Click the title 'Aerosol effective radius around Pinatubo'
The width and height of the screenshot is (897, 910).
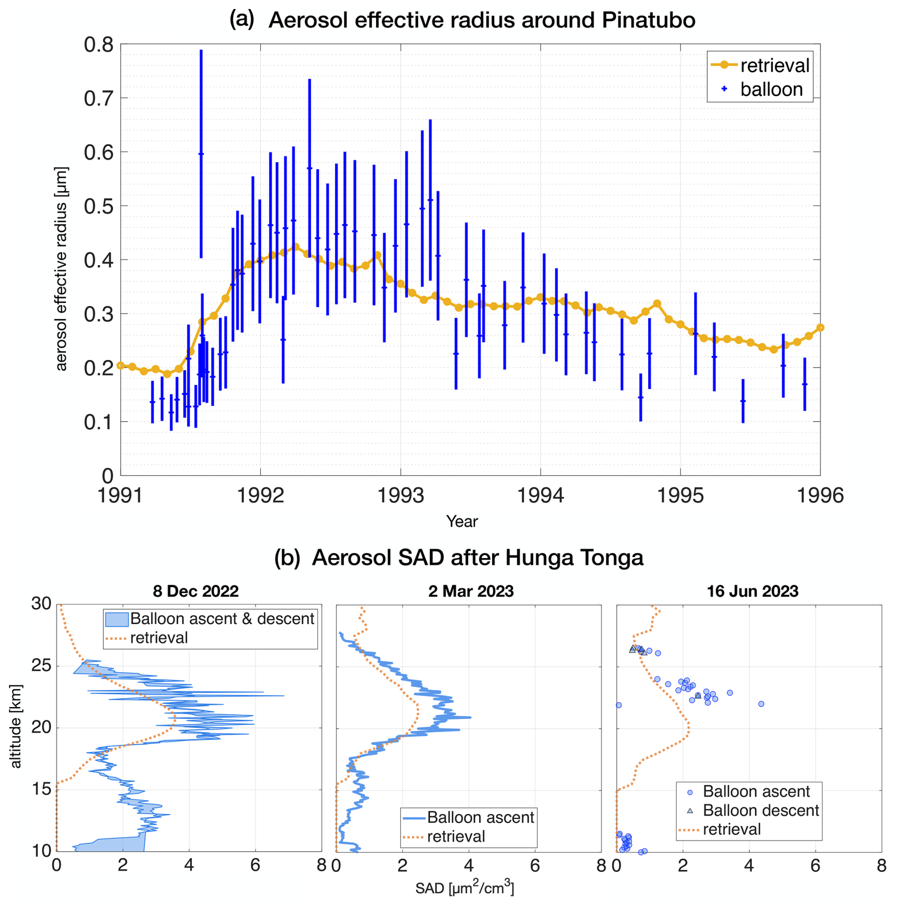pos(481,20)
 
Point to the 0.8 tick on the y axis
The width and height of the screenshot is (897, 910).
pos(99,45)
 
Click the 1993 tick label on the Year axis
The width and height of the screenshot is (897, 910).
pos(400,496)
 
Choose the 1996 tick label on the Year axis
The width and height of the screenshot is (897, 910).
pos(820,496)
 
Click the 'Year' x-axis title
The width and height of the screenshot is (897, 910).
pos(462,522)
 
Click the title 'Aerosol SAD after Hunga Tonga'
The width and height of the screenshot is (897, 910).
pos(477,558)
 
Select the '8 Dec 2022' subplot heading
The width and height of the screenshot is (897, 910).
pos(196,591)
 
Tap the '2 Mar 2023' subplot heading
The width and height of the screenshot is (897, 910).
pos(471,591)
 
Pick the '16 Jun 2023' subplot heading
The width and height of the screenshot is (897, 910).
pos(752,591)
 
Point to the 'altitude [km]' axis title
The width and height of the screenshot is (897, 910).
pos(16,726)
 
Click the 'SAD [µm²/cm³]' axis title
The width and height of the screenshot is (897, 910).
pos(465,888)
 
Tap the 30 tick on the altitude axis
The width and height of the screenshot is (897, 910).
pos(41,604)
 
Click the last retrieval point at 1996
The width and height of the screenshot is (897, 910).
pos(820,328)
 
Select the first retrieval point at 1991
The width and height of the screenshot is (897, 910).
pos(120,366)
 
